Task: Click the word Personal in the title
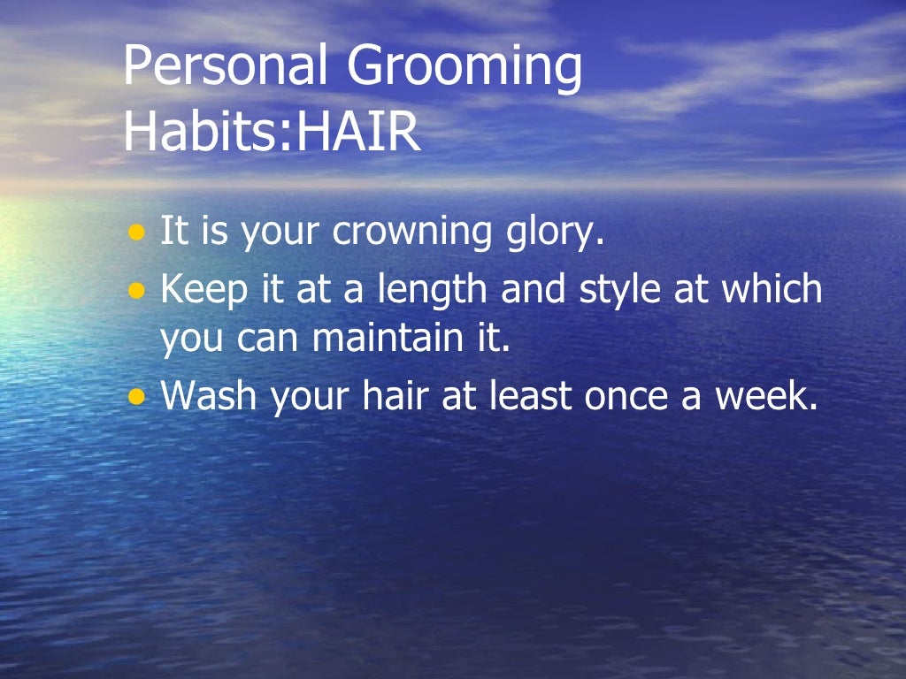(225, 67)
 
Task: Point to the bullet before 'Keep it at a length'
(135, 290)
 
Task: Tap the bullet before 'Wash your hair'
(135, 398)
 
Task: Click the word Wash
(211, 397)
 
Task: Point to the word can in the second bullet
(265, 341)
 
